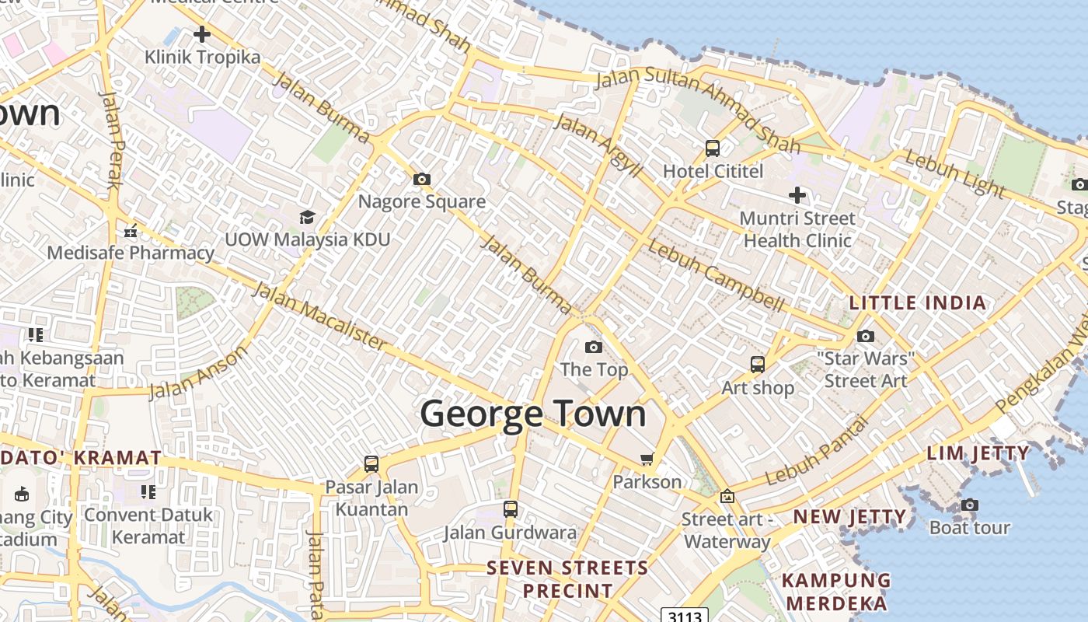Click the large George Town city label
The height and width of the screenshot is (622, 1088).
tap(533, 413)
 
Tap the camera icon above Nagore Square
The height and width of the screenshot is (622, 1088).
tap(421, 180)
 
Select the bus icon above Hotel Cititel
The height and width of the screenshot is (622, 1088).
tap(712, 148)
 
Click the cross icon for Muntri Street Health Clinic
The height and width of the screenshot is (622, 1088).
tap(797, 195)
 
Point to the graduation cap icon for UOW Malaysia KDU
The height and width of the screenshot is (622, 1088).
tap(307, 217)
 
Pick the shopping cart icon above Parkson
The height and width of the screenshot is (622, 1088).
tap(647, 460)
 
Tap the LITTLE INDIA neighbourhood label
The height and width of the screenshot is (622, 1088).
tap(918, 302)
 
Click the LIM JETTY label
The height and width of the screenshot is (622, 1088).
tap(978, 453)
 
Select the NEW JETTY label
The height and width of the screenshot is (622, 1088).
tap(849, 516)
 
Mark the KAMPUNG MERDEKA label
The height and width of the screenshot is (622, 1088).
tap(835, 592)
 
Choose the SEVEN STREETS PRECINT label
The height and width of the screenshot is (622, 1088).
tap(567, 579)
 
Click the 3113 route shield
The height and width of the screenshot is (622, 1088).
tap(685, 616)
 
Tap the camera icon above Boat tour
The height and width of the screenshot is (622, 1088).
tap(969, 505)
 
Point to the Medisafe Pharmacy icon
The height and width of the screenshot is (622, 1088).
tap(131, 231)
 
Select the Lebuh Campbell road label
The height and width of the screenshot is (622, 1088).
tap(716, 277)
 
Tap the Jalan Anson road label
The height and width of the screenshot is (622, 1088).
tap(198, 372)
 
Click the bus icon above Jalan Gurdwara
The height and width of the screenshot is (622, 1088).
tap(510, 509)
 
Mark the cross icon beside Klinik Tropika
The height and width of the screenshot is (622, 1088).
tap(202, 34)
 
